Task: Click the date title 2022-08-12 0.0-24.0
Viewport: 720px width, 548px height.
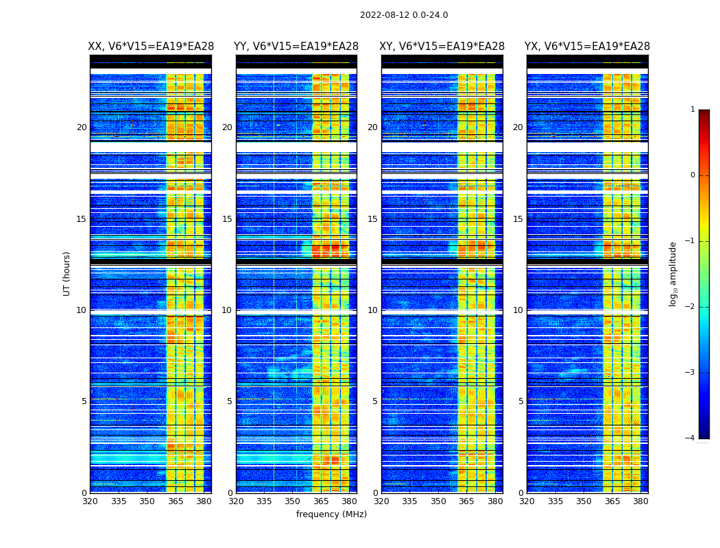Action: (x=404, y=15)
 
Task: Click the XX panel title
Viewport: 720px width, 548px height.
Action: (x=151, y=47)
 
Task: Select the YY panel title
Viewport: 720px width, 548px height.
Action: (x=296, y=47)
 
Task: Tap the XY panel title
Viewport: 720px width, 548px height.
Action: (x=442, y=47)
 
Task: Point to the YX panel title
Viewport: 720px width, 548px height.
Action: (x=587, y=47)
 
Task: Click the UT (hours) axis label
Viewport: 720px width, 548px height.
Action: (x=67, y=273)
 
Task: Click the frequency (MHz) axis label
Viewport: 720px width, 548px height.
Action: (x=331, y=514)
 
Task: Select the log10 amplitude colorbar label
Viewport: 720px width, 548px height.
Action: (x=673, y=273)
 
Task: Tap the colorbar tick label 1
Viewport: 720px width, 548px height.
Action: (x=692, y=110)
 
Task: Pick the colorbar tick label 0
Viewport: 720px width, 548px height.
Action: (x=692, y=175)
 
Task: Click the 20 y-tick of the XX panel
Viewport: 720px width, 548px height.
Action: (x=82, y=127)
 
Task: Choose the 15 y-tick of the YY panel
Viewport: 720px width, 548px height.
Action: (x=227, y=219)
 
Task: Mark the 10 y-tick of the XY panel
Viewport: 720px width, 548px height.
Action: (x=372, y=310)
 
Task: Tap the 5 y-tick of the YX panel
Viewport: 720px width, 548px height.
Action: (x=520, y=401)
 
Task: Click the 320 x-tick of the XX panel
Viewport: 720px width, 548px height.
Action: (x=90, y=501)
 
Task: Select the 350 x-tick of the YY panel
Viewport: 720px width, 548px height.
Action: (x=293, y=501)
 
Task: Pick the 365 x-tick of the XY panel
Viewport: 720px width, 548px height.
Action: (x=466, y=501)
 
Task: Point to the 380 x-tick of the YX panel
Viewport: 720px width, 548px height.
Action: (x=640, y=501)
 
